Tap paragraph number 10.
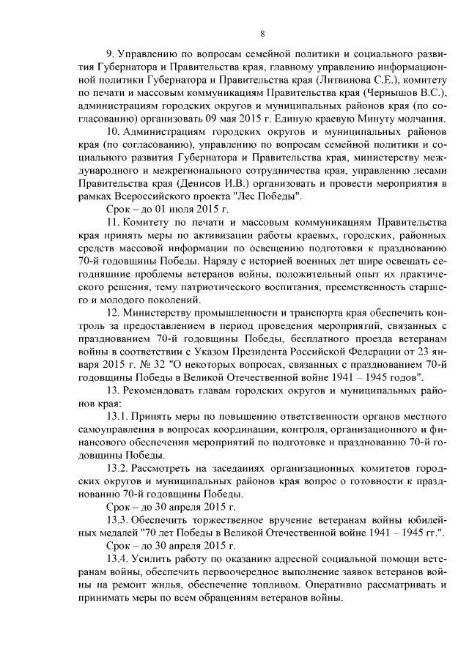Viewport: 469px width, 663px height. coord(114,133)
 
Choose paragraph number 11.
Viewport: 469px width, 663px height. coord(113,225)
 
